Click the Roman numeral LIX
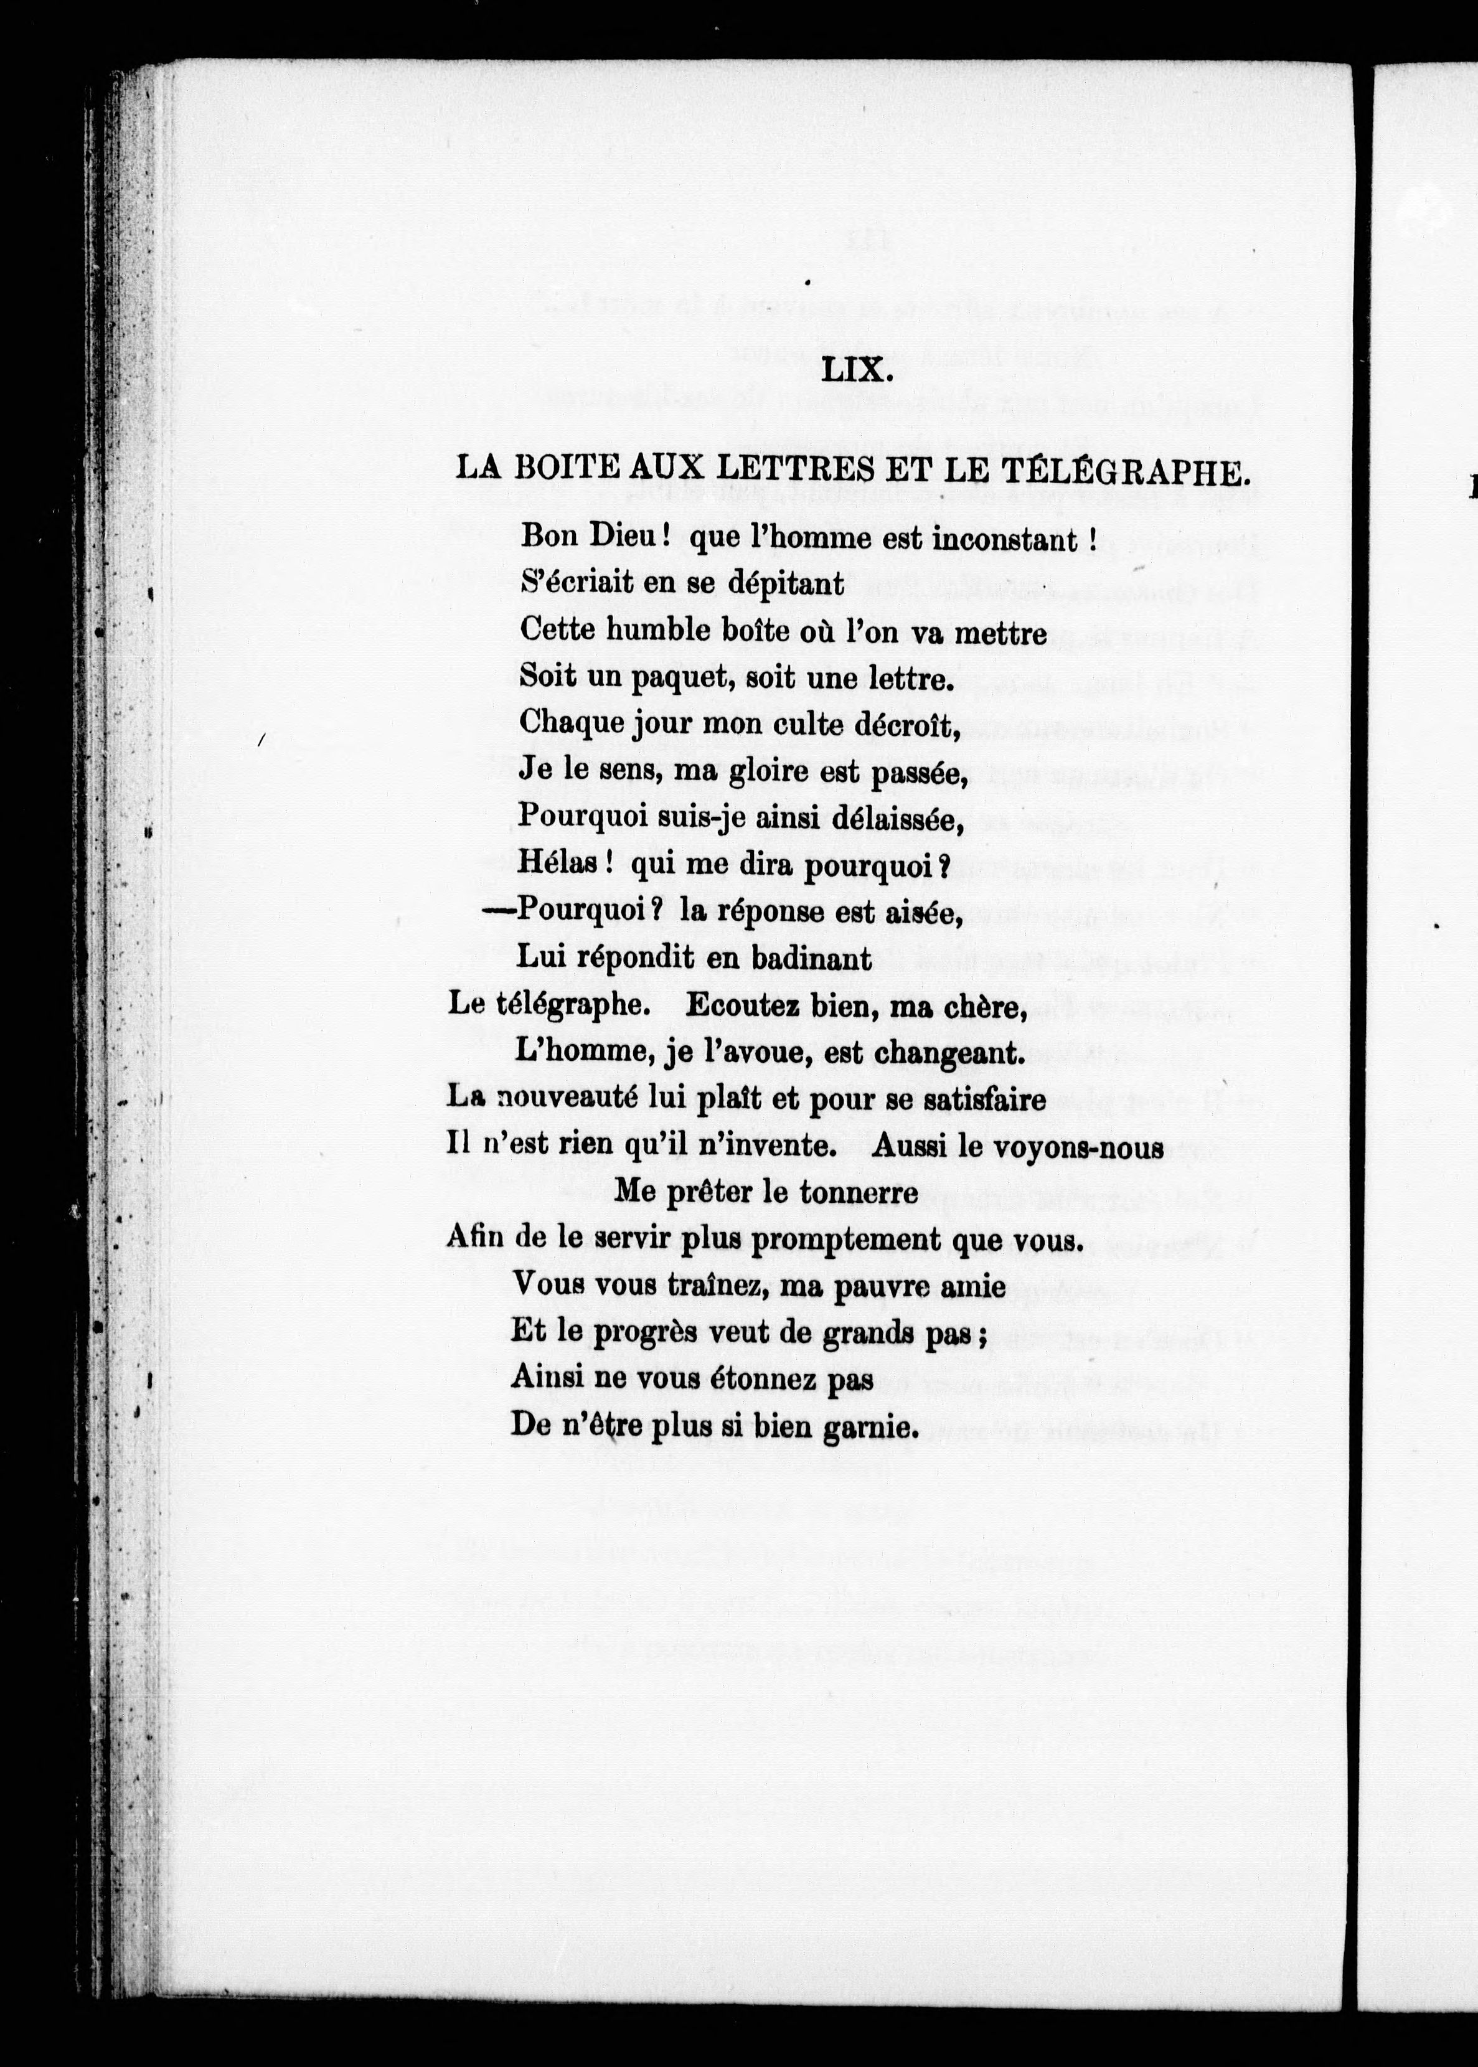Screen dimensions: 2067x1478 point(855,370)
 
